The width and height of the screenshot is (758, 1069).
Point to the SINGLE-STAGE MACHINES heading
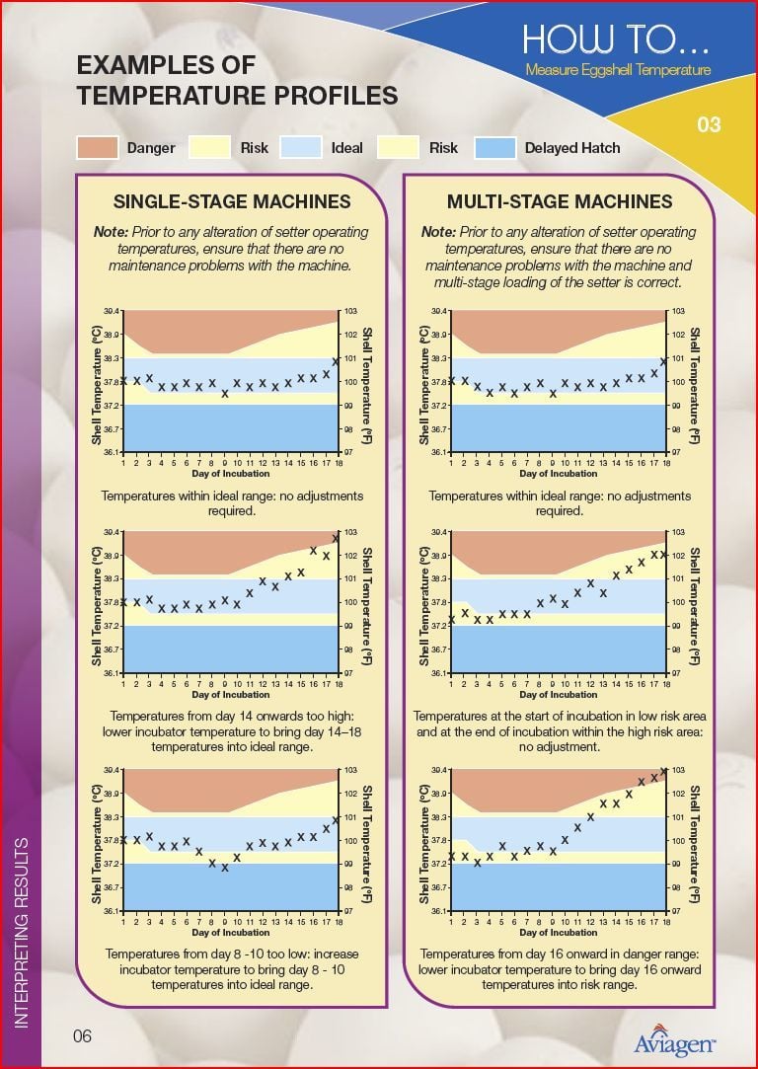pos(232,202)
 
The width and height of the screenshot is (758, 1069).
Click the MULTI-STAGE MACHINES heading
pos(560,202)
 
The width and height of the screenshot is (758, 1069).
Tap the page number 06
pos(82,1035)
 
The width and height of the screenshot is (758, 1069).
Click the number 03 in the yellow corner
pos(709,124)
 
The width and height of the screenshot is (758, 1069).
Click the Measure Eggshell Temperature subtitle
pos(618,70)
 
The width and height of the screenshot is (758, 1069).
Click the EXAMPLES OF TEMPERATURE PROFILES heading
pos(237,81)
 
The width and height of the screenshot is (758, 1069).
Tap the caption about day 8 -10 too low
pos(232,969)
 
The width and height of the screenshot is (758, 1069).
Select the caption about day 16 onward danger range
pos(560,969)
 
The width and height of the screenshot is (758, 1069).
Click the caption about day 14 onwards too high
pos(232,731)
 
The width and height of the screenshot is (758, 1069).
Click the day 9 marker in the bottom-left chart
pos(225,868)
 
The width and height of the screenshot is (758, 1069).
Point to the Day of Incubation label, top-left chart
pos(231,474)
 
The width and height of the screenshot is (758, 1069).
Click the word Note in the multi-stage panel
pos(438,232)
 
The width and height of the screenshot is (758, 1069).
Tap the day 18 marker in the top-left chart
pos(337,361)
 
